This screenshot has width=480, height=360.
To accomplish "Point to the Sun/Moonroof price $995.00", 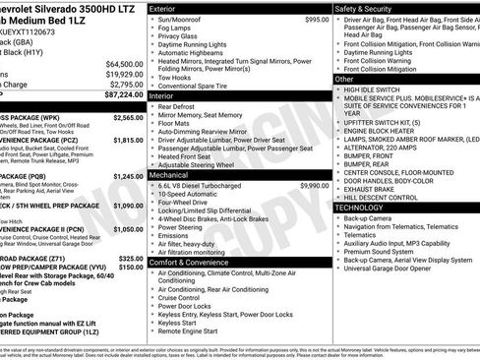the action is pyautogui.click(x=317, y=20).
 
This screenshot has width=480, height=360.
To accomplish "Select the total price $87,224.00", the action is pyautogui.click(x=116, y=95).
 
